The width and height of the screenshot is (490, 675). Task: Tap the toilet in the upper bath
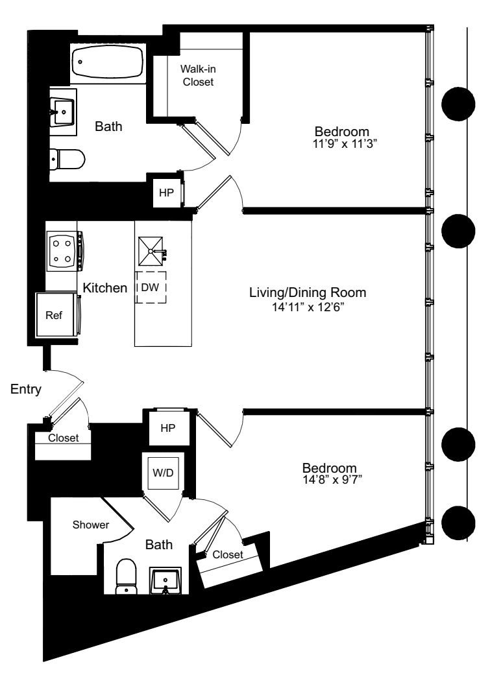click(x=68, y=158)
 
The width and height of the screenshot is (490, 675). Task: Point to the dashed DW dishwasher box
click(x=151, y=287)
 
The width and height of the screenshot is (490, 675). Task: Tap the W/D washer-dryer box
click(x=162, y=473)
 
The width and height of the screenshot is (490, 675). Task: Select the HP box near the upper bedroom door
click(x=166, y=192)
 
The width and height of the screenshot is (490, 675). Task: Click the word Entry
click(x=26, y=390)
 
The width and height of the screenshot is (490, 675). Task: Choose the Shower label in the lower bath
click(x=91, y=525)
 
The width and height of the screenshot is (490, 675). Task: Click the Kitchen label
click(x=104, y=288)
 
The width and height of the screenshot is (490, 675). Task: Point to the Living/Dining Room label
click(x=308, y=292)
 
